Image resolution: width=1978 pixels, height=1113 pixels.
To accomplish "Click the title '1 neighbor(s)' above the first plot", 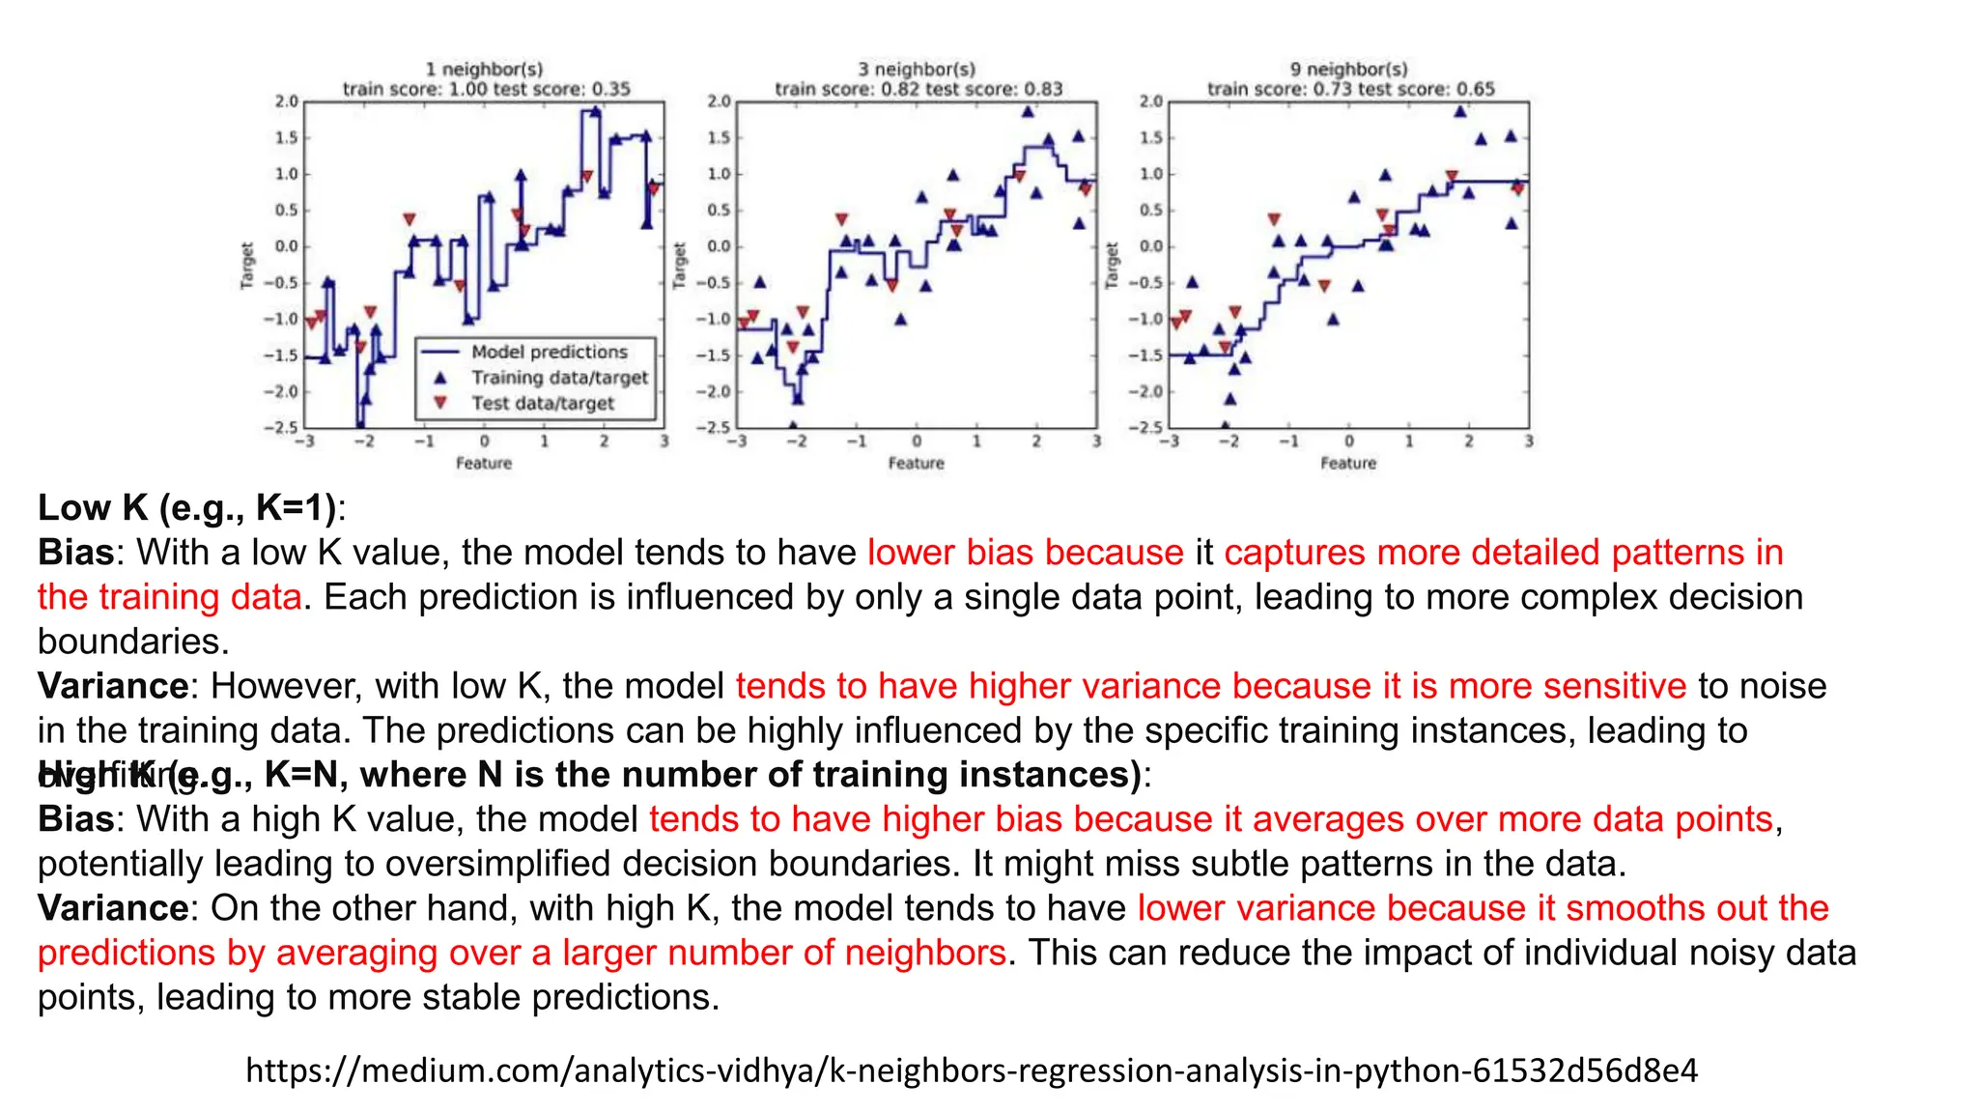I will pyautogui.click(x=484, y=70).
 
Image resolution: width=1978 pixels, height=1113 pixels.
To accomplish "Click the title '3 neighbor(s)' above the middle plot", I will pyautogui.click(x=917, y=70).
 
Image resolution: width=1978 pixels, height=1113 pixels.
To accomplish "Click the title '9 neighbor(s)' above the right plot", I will pyautogui.click(x=1348, y=70).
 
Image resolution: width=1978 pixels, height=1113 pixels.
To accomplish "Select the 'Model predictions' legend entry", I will pyautogui.click(x=549, y=353).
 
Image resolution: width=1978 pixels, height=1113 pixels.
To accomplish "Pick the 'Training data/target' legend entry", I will pyautogui.click(x=559, y=378).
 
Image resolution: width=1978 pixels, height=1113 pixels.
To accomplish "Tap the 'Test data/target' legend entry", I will pyautogui.click(x=542, y=404).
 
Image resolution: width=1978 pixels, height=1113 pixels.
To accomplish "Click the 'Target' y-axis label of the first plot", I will pyautogui.click(x=246, y=265).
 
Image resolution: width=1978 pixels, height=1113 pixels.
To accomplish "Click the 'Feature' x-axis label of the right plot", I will pyautogui.click(x=1348, y=464).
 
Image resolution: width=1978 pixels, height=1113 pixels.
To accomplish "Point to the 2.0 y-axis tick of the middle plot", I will pyautogui.click(x=719, y=101).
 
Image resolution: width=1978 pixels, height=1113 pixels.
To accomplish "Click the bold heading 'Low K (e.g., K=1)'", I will pyautogui.click(x=186, y=508).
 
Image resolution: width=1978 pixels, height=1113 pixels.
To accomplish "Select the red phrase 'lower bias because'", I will pyautogui.click(x=1025, y=553).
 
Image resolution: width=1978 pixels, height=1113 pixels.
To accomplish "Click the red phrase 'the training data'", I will pyautogui.click(x=169, y=597).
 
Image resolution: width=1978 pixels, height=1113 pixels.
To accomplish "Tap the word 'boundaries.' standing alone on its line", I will pyautogui.click(x=133, y=642).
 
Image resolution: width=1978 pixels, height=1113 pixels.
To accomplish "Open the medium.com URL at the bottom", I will pyautogui.click(x=972, y=1070).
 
